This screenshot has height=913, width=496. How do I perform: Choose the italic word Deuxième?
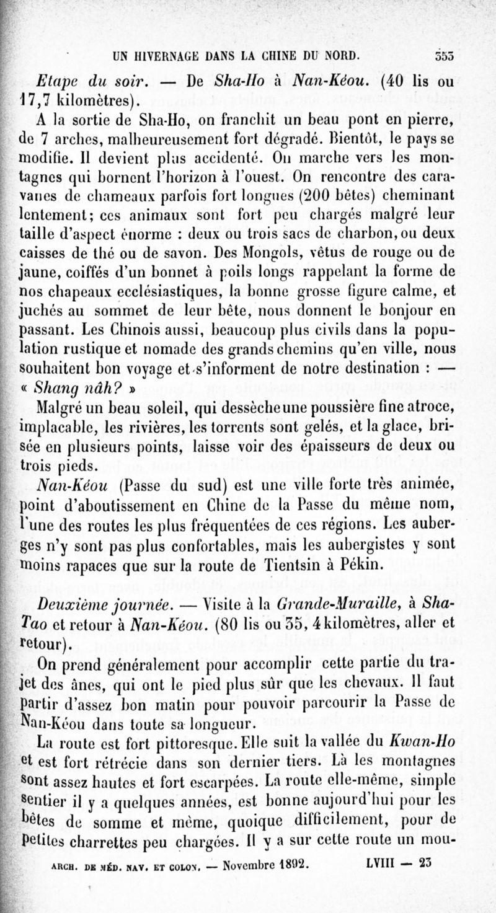[x=75, y=604]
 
